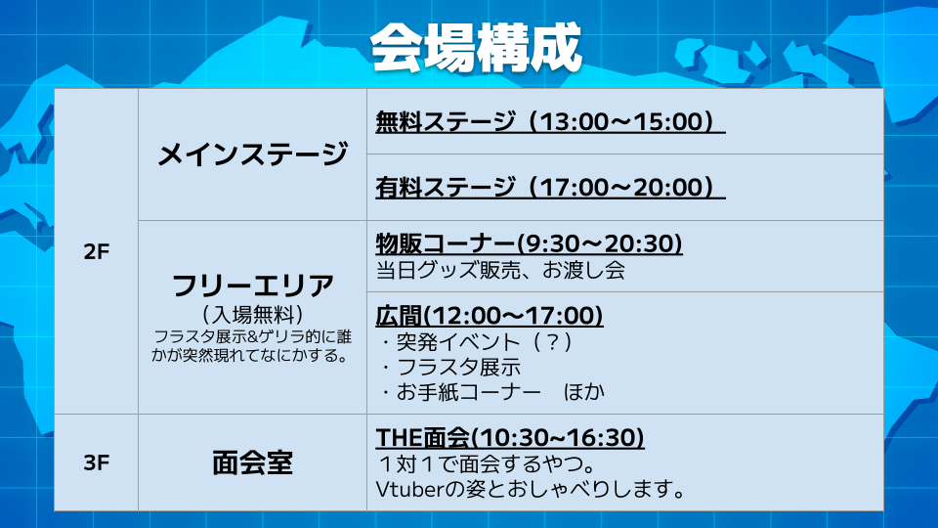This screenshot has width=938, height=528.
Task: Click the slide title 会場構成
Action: (476, 47)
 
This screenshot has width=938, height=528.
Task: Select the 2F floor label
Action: (97, 251)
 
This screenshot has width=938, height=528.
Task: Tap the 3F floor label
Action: (97, 462)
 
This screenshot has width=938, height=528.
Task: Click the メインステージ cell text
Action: (252, 154)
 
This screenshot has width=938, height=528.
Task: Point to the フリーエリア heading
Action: (252, 286)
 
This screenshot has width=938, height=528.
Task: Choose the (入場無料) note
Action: (252, 314)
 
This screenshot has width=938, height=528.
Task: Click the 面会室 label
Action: (252, 462)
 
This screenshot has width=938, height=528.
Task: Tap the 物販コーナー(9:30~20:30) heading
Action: (529, 243)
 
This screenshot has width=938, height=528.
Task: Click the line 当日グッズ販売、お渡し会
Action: (500, 270)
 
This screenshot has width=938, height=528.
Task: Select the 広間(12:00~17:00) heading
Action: (490, 316)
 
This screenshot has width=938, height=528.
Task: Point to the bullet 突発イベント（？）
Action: (477, 342)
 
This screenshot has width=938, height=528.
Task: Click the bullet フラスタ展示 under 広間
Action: (450, 367)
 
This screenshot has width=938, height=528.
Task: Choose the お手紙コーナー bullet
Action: (460, 392)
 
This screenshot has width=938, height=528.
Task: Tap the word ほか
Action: (584, 392)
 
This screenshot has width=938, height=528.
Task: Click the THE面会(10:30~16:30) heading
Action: (510, 438)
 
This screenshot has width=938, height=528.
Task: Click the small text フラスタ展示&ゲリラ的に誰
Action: (252, 337)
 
